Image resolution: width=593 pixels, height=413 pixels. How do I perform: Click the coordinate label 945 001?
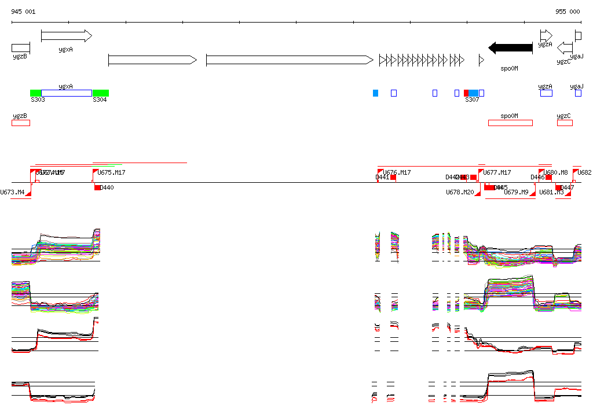tap(23, 12)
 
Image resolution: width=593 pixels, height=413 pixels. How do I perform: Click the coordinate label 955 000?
tap(568, 12)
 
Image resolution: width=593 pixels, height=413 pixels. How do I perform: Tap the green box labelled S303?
tap(36, 93)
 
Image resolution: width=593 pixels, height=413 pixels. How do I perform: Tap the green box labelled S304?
tap(101, 93)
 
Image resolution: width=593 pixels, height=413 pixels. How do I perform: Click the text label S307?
tap(472, 100)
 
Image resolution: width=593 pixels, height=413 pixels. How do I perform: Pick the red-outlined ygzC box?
tap(565, 123)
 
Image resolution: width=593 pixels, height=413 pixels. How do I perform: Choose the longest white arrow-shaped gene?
tap(290, 60)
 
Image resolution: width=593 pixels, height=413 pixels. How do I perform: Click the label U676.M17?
tap(397, 172)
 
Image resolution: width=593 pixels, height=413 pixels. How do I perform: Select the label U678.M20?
tap(460, 192)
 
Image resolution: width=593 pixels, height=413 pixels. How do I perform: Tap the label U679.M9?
tap(516, 192)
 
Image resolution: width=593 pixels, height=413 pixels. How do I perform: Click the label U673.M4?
tap(12, 192)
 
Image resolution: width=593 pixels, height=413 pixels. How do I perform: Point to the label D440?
tap(107, 187)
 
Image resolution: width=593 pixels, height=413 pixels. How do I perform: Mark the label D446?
tap(537, 178)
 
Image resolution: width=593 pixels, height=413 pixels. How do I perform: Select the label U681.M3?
tap(551, 192)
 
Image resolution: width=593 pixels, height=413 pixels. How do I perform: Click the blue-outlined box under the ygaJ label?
tap(578, 93)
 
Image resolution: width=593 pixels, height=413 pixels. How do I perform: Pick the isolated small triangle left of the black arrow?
tap(481, 60)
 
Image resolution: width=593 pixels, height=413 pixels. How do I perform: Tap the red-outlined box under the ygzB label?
tap(21, 123)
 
